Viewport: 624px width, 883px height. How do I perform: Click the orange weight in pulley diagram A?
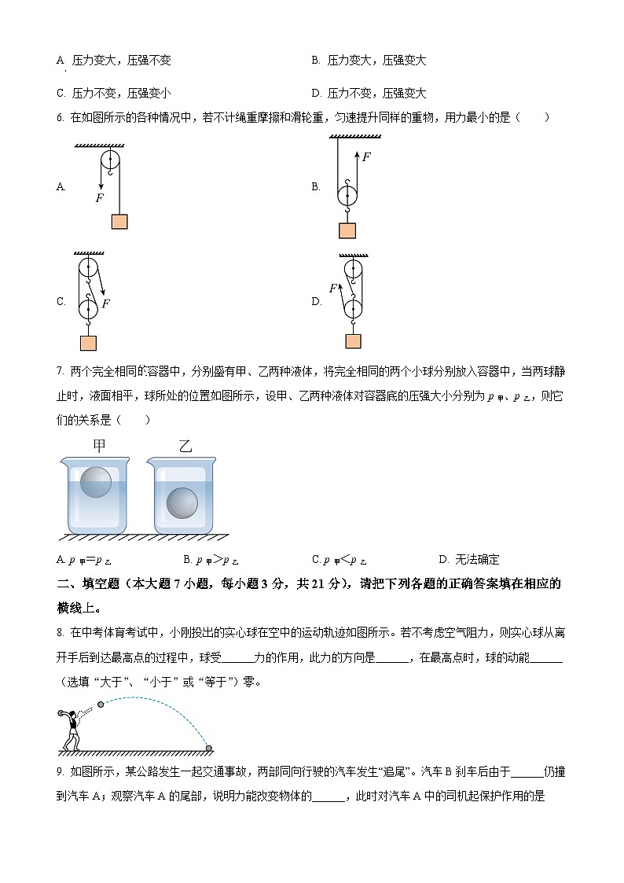point(119,221)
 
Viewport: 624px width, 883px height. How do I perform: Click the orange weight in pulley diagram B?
point(347,230)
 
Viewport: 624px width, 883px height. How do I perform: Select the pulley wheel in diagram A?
point(110,162)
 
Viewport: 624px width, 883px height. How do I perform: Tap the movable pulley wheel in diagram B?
point(347,194)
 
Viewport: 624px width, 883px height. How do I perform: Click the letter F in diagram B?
point(366,156)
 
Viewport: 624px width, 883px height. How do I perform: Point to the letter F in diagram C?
point(106,303)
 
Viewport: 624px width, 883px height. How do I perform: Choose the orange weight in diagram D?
point(353,341)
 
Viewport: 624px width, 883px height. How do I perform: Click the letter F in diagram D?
point(333,289)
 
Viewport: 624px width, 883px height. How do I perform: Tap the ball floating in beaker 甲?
point(96,480)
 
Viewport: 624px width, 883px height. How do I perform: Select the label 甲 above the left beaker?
point(98,447)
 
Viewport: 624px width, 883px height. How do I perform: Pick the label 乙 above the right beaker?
point(185,447)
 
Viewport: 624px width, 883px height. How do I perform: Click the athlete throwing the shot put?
point(71,730)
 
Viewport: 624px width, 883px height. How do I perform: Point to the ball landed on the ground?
point(209,747)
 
